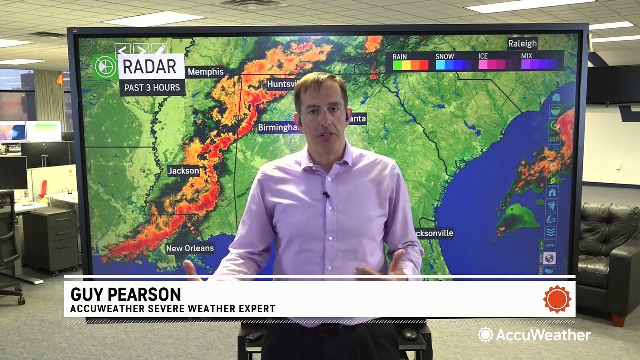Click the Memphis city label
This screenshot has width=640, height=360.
click(x=205, y=72)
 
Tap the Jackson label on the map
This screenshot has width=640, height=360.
click(x=184, y=171)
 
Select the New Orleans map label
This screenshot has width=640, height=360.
click(x=190, y=248)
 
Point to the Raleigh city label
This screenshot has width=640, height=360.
click(x=522, y=44)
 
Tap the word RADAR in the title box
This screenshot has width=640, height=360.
click(x=150, y=66)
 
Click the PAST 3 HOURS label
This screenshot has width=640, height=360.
click(x=152, y=88)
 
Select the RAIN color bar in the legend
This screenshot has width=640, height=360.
click(x=410, y=65)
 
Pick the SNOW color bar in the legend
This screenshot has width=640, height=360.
click(x=453, y=65)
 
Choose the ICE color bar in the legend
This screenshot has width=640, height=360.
click(x=495, y=65)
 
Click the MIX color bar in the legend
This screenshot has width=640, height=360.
click(x=539, y=64)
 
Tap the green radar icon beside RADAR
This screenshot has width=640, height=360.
click(x=105, y=67)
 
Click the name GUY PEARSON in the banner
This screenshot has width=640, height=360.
click(x=125, y=294)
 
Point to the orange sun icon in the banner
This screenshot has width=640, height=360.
click(x=557, y=299)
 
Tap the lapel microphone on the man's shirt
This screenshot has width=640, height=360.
click(x=326, y=195)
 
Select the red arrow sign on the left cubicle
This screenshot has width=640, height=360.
click(x=43, y=189)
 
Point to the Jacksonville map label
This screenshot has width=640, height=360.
click(x=434, y=233)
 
